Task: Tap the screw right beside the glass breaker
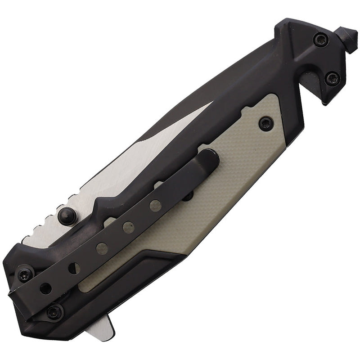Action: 320,40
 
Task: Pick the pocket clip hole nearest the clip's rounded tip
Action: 155,205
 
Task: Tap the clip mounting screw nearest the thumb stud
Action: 25,273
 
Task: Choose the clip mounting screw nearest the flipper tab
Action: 55,310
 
